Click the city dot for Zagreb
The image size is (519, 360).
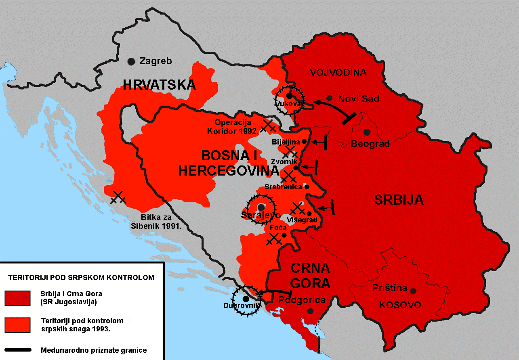coord(131,61)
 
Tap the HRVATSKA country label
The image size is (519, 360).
coord(159,85)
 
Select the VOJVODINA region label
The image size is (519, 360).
coord(338,73)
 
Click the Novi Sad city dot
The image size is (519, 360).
coord(330,98)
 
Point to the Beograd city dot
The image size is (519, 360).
coord(367,132)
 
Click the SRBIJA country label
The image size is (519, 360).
coord(399,200)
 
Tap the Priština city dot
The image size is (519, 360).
coord(413,290)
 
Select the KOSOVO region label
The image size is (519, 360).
coord(400,305)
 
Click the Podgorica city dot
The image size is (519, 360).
coord(310,311)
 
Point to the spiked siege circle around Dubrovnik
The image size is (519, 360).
coord(246,299)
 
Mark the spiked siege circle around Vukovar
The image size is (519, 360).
coord(289,97)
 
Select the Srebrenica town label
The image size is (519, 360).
coord(283,187)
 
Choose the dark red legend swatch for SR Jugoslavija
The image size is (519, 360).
coord(17,298)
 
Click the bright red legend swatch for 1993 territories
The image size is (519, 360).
coord(17,325)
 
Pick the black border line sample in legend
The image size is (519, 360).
coord(17,350)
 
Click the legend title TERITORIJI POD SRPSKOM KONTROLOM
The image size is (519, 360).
coord(81,278)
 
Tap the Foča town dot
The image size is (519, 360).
coord(284,235)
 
